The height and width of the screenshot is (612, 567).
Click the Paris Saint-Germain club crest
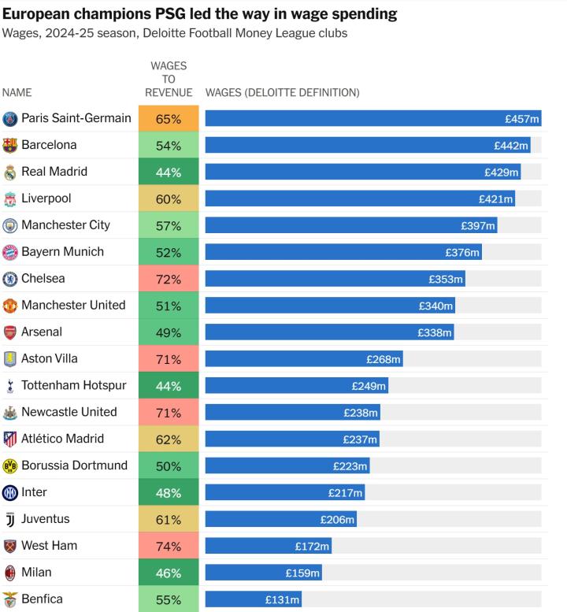pos(10,119)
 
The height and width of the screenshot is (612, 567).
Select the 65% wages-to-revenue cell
pos(169,119)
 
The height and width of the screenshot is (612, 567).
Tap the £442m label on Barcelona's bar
pos(511,146)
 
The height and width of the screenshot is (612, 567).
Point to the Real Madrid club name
pos(54,172)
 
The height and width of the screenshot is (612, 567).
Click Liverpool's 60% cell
pos(169,199)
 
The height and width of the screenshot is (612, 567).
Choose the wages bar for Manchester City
pos(351,226)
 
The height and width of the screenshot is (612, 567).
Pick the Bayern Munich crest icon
pos(10,252)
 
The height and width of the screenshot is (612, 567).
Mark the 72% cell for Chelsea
pos(169,280)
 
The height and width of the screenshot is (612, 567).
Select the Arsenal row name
pos(42,332)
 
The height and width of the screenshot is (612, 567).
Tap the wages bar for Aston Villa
pos(304,359)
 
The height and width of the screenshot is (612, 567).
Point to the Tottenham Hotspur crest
pos(10,386)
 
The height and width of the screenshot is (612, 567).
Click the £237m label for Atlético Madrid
pos(360,440)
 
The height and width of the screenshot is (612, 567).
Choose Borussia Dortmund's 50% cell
pos(169,466)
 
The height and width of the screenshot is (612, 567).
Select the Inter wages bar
pos(285,493)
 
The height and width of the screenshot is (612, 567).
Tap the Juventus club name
pos(46,519)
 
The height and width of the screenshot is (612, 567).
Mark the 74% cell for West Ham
pos(169,547)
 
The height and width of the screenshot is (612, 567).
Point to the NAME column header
pos(17,93)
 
